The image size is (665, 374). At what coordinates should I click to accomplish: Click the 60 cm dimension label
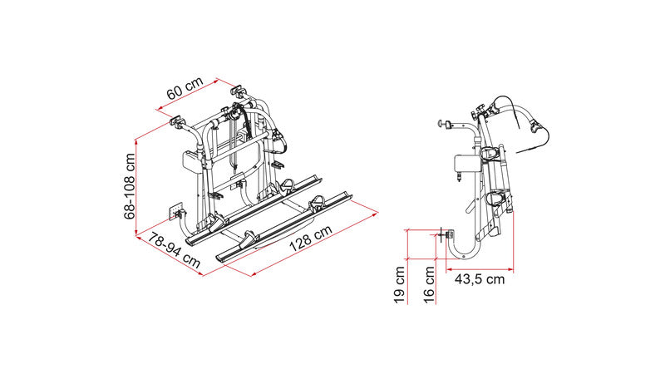click(185, 88)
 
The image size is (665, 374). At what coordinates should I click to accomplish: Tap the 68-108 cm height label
click(130, 185)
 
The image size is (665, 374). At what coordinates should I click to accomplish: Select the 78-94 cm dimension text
click(174, 252)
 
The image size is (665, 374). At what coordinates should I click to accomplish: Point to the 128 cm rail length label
click(310, 239)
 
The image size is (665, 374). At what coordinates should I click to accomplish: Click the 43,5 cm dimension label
click(480, 279)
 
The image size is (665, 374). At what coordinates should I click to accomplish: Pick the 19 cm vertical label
click(400, 284)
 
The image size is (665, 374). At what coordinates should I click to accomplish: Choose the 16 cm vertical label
click(429, 284)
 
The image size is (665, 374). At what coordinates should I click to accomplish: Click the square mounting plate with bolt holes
click(176, 211)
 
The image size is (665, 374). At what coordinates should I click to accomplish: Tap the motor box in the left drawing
click(191, 160)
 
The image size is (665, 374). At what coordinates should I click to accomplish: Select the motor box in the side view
click(465, 163)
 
